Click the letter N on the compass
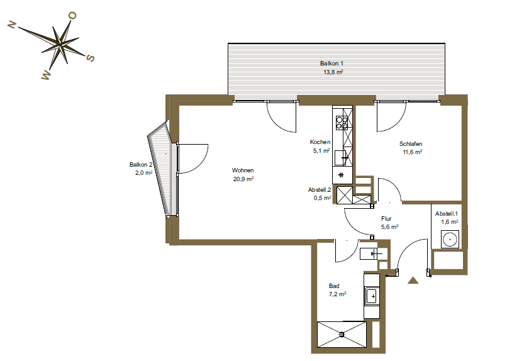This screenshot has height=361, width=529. (x=12, y=25)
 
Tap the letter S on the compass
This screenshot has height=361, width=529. (x=91, y=58)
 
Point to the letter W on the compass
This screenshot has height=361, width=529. (x=45, y=75)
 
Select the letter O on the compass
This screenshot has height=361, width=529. (x=72, y=15)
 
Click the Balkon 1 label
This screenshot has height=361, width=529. (x=331, y=64)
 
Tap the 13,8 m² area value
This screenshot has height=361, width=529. (x=333, y=72)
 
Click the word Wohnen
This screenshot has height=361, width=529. (x=243, y=170)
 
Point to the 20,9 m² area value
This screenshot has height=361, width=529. (x=243, y=179)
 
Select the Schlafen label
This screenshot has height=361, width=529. (x=411, y=144)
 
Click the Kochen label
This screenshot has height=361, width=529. (x=320, y=142)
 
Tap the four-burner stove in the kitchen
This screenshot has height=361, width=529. (x=342, y=123)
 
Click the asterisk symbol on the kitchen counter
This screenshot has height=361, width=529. (x=341, y=175)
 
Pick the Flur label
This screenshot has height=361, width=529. (x=386, y=219)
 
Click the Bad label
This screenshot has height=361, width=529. (x=334, y=286)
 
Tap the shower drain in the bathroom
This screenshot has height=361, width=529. (x=342, y=335)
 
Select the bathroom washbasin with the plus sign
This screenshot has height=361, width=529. (x=372, y=296)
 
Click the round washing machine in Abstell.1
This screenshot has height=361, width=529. (x=449, y=240)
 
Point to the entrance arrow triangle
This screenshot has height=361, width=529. (x=413, y=280)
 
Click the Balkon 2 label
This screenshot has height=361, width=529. (x=141, y=165)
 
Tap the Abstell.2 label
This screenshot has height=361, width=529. (x=319, y=190)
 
